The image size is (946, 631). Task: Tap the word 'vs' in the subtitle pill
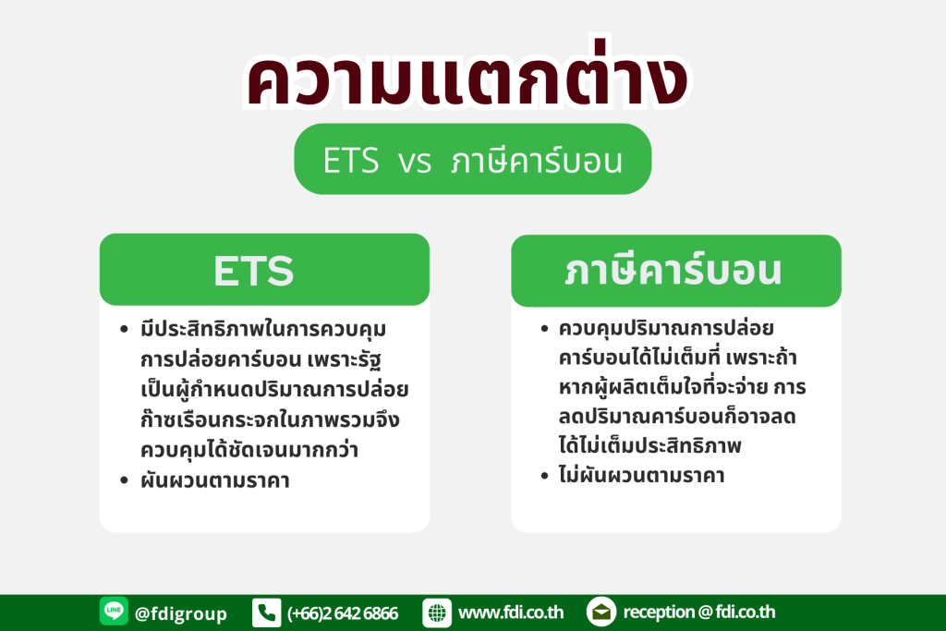point(415,162)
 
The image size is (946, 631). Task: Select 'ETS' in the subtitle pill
point(350,161)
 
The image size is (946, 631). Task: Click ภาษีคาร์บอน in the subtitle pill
point(537,161)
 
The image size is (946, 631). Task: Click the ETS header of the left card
point(253,271)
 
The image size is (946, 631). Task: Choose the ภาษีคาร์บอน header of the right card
point(673,271)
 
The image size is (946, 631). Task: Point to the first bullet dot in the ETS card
point(125,330)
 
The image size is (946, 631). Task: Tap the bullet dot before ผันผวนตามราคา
point(125,480)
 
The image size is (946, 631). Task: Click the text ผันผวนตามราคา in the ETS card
point(214,480)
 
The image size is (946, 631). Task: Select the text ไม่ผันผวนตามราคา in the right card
point(641,475)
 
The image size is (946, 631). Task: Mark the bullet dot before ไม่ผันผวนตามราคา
point(544,476)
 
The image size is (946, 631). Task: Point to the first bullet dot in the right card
point(544,328)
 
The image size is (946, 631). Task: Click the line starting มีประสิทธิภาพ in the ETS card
point(263,330)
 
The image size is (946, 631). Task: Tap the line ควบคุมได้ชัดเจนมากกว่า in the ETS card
point(249,450)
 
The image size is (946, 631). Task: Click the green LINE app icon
point(114,612)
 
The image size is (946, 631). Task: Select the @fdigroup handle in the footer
point(181,613)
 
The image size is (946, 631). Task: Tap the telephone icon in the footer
point(267,613)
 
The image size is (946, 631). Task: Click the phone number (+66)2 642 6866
point(343,613)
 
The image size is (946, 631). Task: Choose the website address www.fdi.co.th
point(511,613)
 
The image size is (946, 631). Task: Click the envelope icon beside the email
point(600,613)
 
